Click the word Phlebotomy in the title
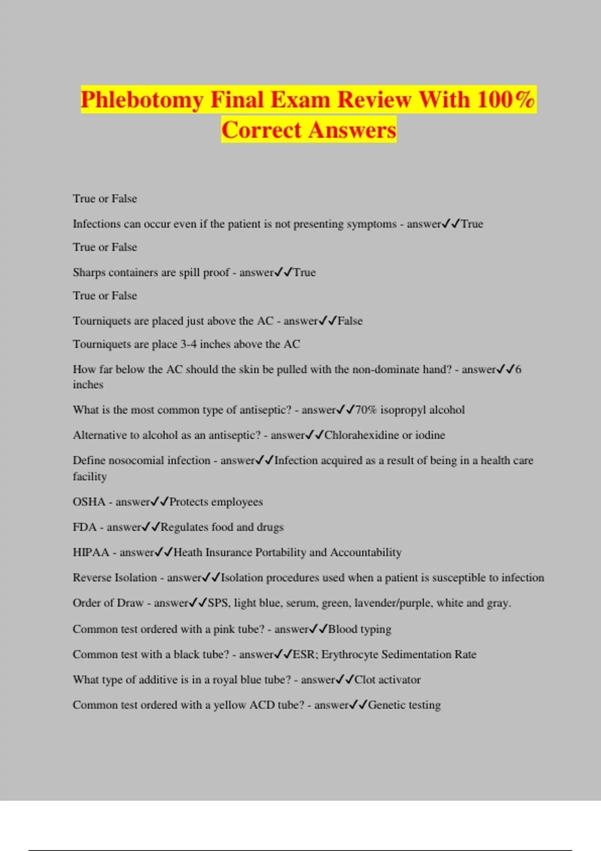(x=142, y=100)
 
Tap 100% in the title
(x=506, y=100)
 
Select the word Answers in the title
(x=352, y=130)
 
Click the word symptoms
(x=372, y=224)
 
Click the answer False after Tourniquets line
(x=350, y=321)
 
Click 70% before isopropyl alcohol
(x=366, y=410)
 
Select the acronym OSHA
(x=89, y=502)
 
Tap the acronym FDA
(x=84, y=527)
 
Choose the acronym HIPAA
(x=91, y=553)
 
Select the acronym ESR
(x=304, y=655)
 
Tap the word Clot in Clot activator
(x=365, y=680)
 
